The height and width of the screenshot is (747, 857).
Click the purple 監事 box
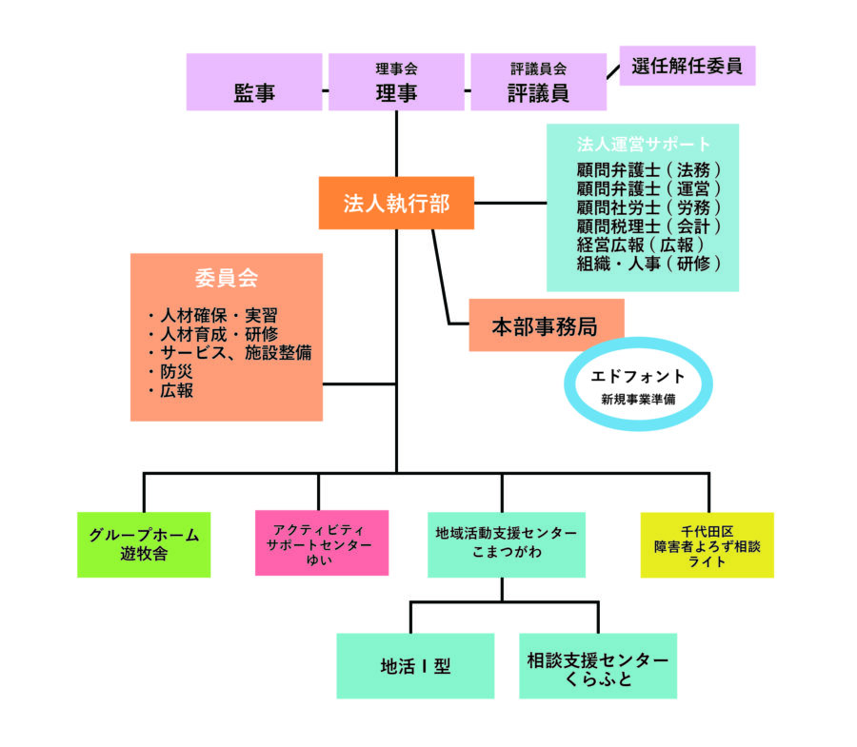tap(254, 82)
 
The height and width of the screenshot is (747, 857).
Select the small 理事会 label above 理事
tap(396, 69)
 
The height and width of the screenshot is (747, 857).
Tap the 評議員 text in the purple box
tap(538, 93)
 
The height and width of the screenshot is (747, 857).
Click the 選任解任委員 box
tap(687, 66)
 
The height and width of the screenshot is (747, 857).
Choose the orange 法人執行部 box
tap(396, 203)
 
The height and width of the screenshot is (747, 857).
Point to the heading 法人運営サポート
tap(643, 144)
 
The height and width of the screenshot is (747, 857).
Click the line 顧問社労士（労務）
tap(648, 207)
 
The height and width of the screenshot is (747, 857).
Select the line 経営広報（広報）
tap(640, 245)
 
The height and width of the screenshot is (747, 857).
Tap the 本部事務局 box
tap(546, 324)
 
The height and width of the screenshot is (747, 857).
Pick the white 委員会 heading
tap(227, 278)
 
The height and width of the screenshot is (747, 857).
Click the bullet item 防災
tap(170, 372)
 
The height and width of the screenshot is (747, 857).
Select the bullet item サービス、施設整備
tap(229, 353)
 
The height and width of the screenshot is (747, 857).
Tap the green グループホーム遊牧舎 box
tap(144, 544)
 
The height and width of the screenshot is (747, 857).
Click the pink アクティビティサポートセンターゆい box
tap(322, 542)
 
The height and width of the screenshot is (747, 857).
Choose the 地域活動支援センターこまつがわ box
tap(507, 544)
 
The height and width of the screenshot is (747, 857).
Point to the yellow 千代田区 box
tap(708, 545)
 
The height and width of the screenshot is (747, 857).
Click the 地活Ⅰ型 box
tap(415, 665)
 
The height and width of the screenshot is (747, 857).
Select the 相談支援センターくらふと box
tap(598, 665)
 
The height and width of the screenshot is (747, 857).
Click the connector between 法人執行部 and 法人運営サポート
tap(510, 203)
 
